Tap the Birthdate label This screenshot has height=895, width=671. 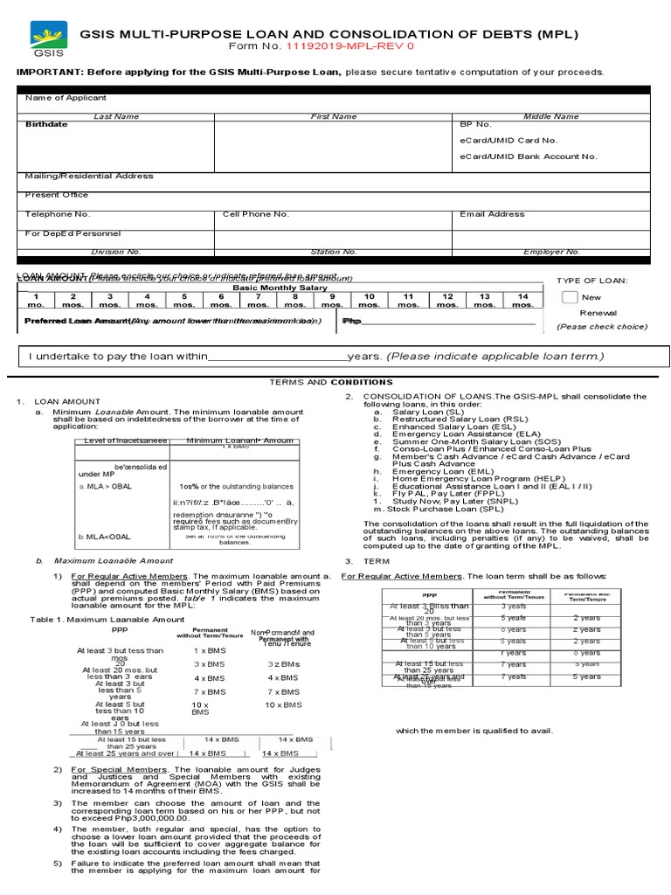tap(46, 125)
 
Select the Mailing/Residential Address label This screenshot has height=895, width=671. tap(89, 176)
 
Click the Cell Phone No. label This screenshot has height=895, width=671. tap(256, 213)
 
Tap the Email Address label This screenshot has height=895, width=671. tap(492, 213)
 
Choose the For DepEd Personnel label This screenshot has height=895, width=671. tap(73, 233)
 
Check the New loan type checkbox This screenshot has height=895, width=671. tap(570, 297)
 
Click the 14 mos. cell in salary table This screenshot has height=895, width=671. tap(522, 301)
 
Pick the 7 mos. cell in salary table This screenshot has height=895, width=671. tap(259, 301)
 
